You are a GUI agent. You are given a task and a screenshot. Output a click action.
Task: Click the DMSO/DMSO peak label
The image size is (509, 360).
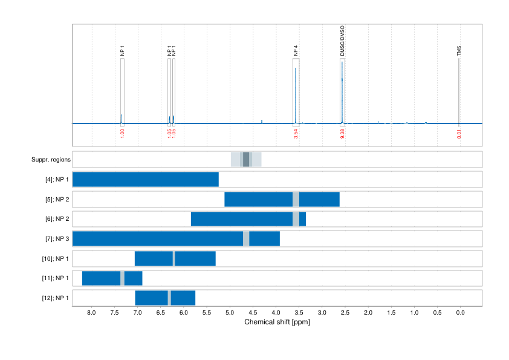click(342, 41)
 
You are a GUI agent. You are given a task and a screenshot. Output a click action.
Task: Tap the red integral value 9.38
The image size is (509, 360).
click(342, 134)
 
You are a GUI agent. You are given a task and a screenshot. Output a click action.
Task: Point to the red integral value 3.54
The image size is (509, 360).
click(296, 134)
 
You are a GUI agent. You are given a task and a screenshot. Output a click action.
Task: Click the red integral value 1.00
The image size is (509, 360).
click(122, 134)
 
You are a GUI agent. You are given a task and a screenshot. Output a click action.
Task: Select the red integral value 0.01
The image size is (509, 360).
click(459, 134)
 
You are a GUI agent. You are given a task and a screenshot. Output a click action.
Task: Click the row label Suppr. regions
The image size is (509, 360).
click(51, 160)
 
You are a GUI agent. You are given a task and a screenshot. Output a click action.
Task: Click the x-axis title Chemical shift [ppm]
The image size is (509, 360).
click(277, 322)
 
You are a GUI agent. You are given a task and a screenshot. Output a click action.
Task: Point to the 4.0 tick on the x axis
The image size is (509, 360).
click(276, 313)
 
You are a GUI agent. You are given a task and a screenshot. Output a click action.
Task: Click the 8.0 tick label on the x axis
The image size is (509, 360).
click(92, 313)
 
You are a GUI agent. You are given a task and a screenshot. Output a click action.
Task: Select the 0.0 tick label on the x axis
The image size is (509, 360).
click(460, 313)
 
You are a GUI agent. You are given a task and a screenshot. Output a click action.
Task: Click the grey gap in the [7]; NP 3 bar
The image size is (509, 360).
click(246, 239)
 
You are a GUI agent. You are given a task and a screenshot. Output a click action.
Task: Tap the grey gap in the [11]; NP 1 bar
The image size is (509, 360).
click(123, 278)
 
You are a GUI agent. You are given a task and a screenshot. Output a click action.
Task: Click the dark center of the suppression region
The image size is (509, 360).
click(246, 160)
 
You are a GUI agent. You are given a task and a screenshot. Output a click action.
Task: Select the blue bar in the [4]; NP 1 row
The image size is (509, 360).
click(145, 180)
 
